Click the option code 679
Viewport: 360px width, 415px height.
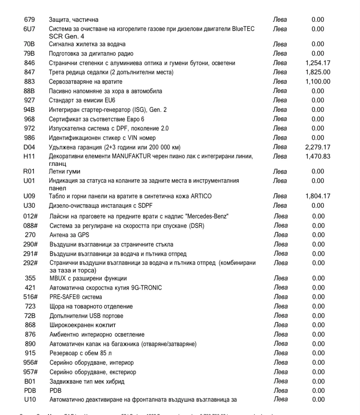(29, 20)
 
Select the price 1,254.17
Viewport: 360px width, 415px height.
(318, 63)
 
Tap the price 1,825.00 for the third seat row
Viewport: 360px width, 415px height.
(318, 72)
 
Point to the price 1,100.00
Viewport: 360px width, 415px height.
(318, 82)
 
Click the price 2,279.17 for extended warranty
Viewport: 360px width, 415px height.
(318, 147)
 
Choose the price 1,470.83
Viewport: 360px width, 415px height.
(318, 156)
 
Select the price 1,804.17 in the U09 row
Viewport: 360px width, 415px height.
(318, 196)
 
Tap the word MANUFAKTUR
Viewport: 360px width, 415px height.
(131, 156)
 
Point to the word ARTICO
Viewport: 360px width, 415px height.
(201, 196)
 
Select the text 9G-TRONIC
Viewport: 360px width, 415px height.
(146, 288)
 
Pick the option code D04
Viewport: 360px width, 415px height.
(29, 147)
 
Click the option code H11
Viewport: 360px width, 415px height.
(29, 156)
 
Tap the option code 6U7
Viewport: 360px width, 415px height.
(29, 29)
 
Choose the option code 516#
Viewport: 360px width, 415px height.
(30, 297)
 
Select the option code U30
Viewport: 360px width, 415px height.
(29, 206)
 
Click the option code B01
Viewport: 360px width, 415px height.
(30, 381)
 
